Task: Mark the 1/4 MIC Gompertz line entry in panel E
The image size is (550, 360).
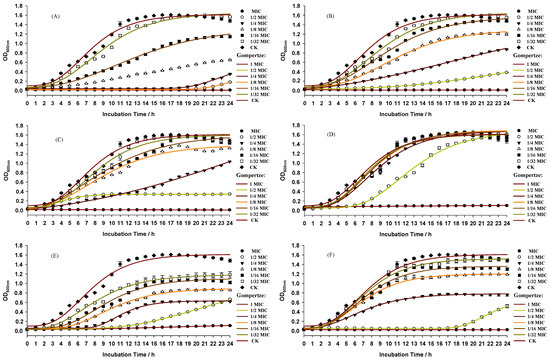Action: (237, 315)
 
